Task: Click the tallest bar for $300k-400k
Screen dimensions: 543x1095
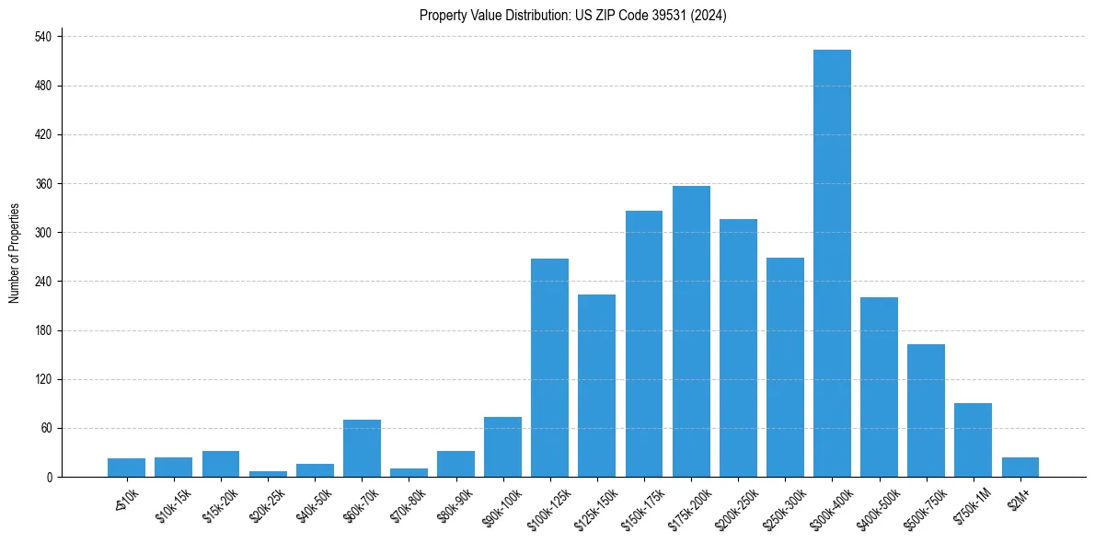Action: click(x=832, y=263)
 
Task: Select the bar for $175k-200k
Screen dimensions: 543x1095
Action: click(x=691, y=331)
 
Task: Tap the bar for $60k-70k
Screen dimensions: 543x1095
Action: click(x=362, y=448)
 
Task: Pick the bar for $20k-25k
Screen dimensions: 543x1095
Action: click(x=268, y=473)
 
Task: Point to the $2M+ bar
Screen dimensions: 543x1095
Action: click(x=1020, y=468)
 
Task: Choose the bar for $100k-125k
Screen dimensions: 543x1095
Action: click(x=549, y=368)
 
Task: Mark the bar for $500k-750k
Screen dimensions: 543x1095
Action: click(x=926, y=410)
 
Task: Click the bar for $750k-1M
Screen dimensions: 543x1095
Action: click(x=973, y=440)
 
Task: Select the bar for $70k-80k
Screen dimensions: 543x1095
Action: click(x=409, y=472)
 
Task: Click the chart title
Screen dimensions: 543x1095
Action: click(x=572, y=16)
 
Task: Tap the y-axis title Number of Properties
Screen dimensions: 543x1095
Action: click(x=15, y=253)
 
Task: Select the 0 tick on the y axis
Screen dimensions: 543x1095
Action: click(x=51, y=478)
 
